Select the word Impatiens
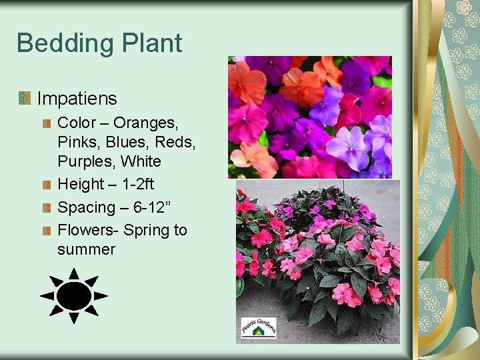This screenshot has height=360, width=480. tap(77, 99)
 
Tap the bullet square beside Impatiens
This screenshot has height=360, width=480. tap(25, 99)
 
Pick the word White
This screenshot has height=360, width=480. tap(142, 161)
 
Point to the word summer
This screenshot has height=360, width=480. tap(86, 249)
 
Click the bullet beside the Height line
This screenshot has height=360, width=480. tap(47, 185)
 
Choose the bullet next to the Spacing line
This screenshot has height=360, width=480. tap(47, 207)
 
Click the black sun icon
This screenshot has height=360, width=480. tap(73, 295)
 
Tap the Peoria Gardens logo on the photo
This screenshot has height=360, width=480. tap(257, 327)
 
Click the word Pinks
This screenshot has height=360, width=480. tap(78, 142)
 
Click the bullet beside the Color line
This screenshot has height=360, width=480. tap(47, 123)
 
